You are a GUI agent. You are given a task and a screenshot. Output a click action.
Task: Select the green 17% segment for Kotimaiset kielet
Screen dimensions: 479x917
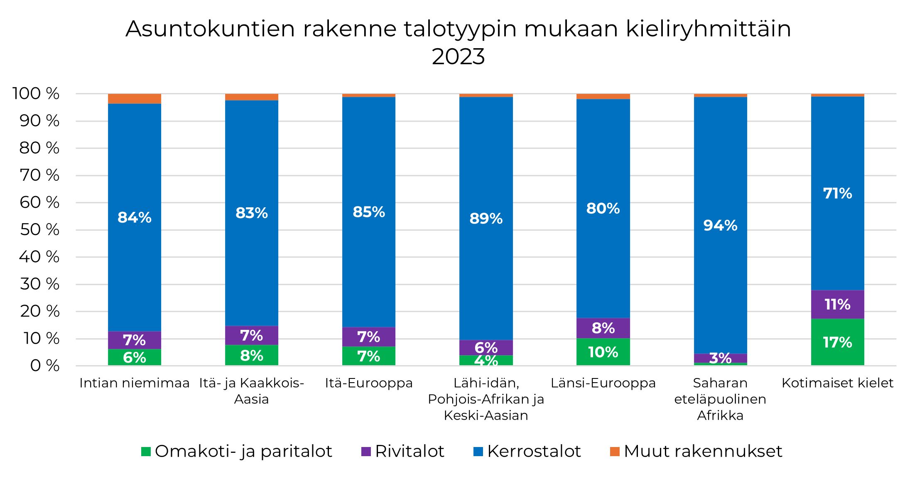[x=837, y=342]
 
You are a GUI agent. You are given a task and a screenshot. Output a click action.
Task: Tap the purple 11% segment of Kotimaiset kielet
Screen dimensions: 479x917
[x=837, y=305]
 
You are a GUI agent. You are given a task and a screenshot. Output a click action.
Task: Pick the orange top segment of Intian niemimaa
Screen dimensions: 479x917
[x=135, y=99]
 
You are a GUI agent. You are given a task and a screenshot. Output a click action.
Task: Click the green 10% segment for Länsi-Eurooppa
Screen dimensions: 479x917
[x=603, y=352]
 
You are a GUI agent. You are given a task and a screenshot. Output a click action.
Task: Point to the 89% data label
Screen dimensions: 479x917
[x=486, y=219]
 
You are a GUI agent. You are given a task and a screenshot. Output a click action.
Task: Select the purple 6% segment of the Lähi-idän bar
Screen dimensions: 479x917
[x=486, y=347]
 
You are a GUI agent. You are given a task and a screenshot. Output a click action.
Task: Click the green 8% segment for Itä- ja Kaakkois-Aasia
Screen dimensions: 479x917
[x=252, y=355]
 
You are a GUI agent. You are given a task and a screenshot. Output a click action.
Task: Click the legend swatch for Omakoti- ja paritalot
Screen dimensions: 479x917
[x=146, y=452]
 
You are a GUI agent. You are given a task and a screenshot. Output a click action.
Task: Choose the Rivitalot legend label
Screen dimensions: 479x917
[x=409, y=452]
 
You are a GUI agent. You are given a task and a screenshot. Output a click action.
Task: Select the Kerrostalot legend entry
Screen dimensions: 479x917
[x=534, y=452]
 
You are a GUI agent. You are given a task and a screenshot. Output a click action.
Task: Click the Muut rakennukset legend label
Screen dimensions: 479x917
[x=703, y=452]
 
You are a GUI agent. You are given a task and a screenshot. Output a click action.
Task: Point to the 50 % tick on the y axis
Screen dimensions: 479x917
[x=40, y=230]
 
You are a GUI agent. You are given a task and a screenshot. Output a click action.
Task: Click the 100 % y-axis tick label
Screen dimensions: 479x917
[x=36, y=94]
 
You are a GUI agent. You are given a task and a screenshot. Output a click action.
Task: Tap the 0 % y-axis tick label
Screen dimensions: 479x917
[x=45, y=366]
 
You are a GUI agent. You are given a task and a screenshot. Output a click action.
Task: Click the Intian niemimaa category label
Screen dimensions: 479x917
[x=135, y=383]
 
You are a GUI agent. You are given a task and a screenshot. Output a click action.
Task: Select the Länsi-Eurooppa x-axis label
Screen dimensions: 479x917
[x=603, y=383]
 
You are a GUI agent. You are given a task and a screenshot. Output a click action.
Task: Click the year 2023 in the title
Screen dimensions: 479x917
[x=458, y=57]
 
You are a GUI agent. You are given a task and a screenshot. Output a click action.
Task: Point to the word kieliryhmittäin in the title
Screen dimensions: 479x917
[x=708, y=29]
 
